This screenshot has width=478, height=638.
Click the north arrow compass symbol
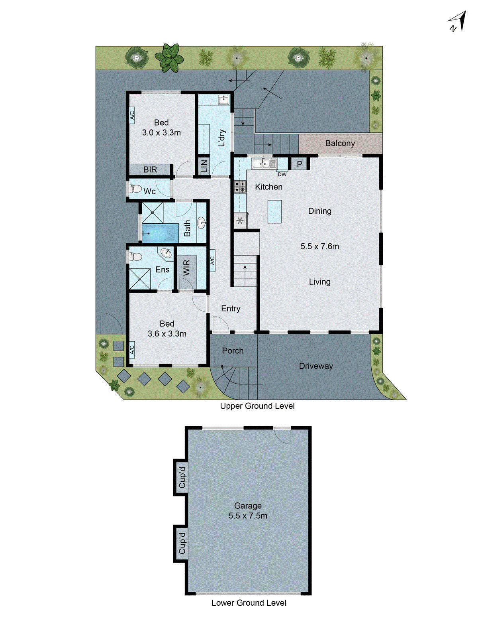458,21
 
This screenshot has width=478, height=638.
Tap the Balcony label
340,143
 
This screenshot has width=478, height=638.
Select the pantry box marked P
300,163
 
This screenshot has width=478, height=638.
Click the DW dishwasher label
282,174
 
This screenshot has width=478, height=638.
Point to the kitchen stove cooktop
240,187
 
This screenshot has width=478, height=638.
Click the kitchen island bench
274,211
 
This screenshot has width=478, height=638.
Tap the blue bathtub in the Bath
160,233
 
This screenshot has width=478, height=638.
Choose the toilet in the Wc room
136,189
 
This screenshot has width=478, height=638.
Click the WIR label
186,268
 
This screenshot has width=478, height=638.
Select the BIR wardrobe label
150,169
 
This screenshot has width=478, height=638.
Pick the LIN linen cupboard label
204,166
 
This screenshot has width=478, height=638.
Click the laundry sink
223,100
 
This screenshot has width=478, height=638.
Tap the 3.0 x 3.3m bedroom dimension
161,132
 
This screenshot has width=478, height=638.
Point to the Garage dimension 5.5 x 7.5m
248,516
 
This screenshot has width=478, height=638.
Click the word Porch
233,351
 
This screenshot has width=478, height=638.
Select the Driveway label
316,366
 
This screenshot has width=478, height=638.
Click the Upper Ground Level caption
257,406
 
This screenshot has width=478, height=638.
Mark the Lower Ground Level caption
249,603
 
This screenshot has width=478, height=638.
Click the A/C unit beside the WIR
212,260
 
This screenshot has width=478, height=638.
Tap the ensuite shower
140,279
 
